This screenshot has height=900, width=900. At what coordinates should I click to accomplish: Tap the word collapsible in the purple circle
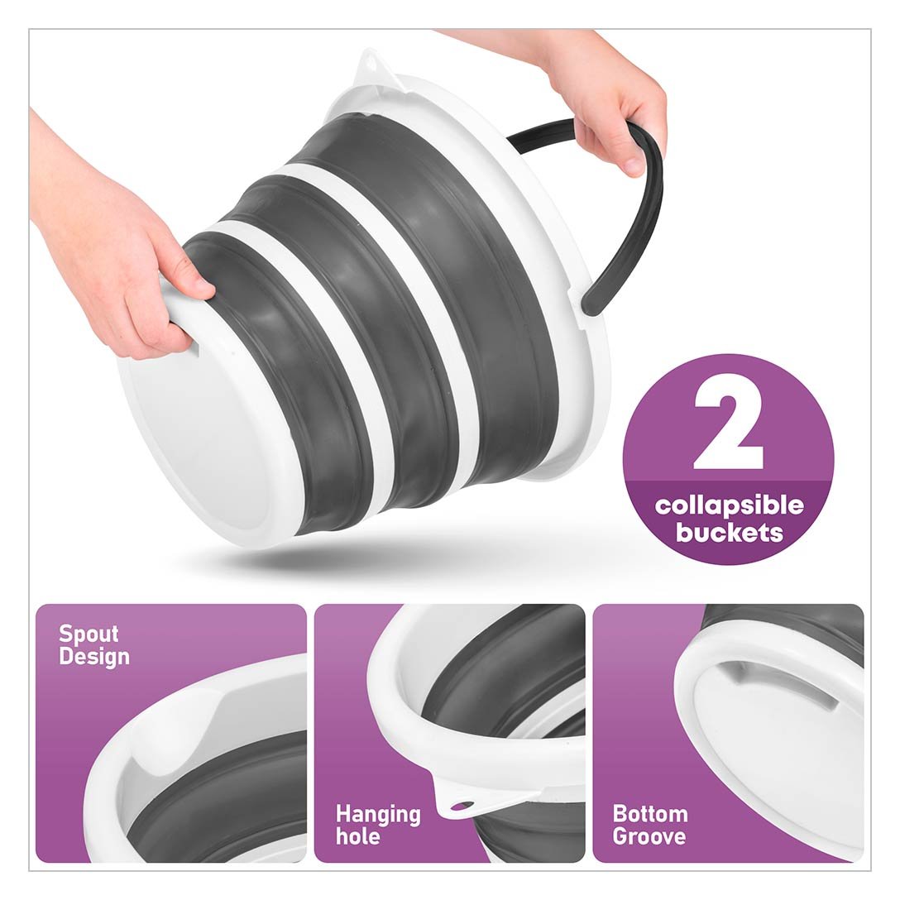coord(729,506)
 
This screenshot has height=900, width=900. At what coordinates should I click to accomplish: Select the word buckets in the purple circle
coord(729,533)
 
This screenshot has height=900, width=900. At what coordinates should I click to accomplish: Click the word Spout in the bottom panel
coord(89,634)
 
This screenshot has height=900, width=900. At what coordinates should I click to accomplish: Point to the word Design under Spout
coord(94,657)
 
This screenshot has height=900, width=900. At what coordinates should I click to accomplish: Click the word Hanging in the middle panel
coord(378,815)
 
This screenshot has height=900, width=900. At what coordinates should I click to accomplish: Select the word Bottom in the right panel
coord(649,814)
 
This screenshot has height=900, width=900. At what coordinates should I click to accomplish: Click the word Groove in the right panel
coord(649,836)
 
